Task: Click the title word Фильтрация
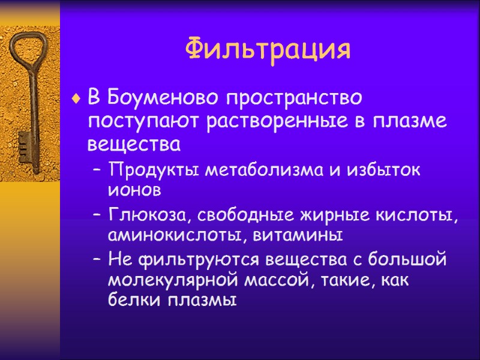click(x=268, y=49)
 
